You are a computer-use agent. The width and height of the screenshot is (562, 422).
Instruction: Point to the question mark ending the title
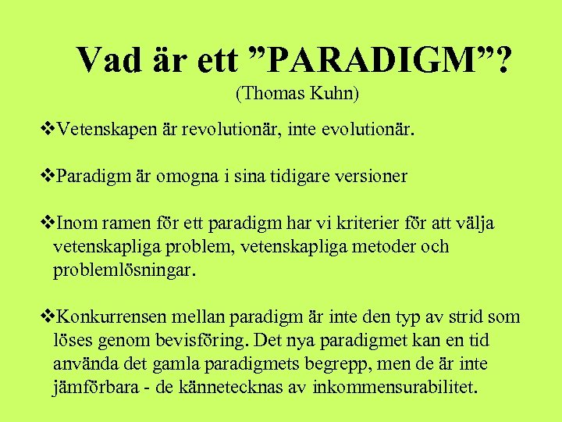(x=504, y=59)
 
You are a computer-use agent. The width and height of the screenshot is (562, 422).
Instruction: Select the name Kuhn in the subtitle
(x=334, y=94)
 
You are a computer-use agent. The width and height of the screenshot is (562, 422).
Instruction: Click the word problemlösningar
(x=123, y=271)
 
